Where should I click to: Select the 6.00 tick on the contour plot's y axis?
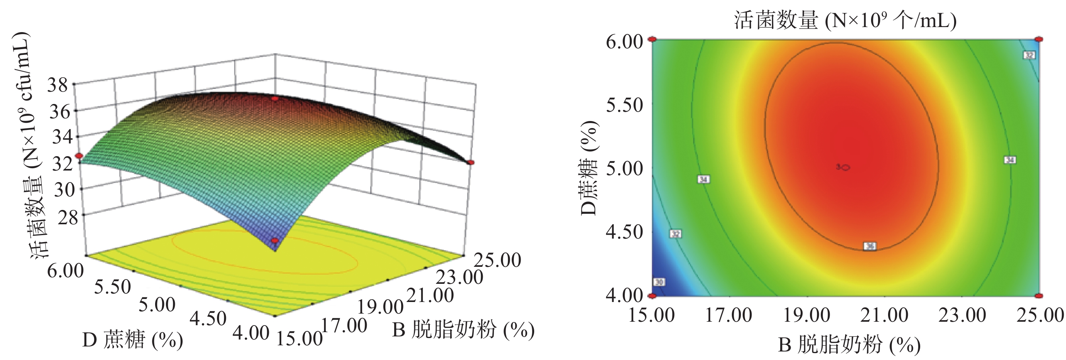[x=624, y=42]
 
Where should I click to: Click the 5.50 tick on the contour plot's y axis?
[x=624, y=105]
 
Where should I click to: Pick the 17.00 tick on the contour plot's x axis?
[x=728, y=315]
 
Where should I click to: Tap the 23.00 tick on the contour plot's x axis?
[x=962, y=315]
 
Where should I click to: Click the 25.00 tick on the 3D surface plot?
[x=497, y=260]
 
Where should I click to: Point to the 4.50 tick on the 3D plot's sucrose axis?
[x=208, y=318]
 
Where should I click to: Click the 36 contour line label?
[x=870, y=246]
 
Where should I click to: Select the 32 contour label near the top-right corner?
[x=1029, y=55]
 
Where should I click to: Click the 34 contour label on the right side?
[x=1010, y=160]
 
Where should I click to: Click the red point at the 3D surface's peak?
[x=274, y=99]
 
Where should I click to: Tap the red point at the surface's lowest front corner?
[x=274, y=241]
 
